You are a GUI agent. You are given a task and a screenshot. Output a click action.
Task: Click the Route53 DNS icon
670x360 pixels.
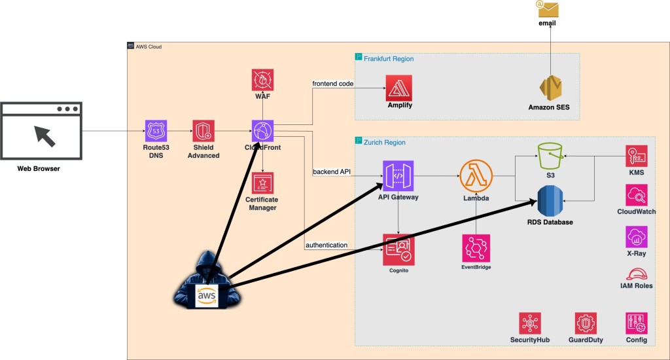[x=156, y=130]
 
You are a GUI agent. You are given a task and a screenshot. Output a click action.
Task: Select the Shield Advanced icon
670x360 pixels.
[x=203, y=130]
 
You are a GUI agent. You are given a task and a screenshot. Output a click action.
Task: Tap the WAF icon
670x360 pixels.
[x=263, y=80]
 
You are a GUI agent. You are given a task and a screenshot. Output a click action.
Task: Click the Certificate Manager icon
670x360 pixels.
[x=262, y=183]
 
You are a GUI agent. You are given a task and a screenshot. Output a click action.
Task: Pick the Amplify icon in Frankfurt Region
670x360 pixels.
[x=398, y=87]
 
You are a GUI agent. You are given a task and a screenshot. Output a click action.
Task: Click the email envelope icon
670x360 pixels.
[x=547, y=9]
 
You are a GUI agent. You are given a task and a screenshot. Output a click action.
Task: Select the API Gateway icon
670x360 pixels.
[x=398, y=177]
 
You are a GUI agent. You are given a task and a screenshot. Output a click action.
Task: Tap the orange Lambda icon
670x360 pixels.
[x=476, y=177]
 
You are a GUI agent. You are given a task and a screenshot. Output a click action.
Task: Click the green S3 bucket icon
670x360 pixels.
[x=550, y=157]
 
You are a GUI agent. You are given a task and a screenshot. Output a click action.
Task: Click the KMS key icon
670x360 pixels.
[x=636, y=156]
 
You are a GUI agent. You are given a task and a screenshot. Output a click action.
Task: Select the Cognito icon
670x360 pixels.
[x=398, y=250]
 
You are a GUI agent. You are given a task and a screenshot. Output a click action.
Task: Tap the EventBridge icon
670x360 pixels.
[x=476, y=249]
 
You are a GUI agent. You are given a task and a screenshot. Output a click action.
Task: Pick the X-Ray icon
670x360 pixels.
[x=636, y=236]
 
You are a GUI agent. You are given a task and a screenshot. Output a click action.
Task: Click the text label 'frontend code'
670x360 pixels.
[x=334, y=83]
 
